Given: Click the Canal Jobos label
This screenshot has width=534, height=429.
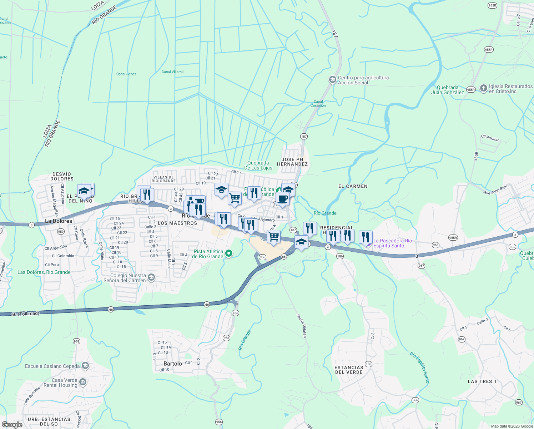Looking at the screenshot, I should pyautogui.click(x=126, y=74).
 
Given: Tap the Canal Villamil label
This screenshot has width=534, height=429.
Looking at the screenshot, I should pyautogui.click(x=172, y=72).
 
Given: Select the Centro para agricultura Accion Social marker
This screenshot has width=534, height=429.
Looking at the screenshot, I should pyautogui.click(x=332, y=80).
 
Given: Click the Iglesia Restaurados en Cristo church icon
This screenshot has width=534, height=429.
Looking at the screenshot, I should pyautogui.click(x=483, y=88).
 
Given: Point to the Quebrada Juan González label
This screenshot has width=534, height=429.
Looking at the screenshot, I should pyautogui.click(x=447, y=90).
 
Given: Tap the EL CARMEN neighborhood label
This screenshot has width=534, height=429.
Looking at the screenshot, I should pyautogui.click(x=353, y=186).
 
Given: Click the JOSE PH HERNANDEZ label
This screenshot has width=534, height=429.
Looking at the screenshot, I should pyautogui.click(x=292, y=162).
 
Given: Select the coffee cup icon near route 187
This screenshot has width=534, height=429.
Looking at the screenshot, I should pyautogui.click(x=282, y=199).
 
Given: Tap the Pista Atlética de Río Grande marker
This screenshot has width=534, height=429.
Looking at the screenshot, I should pyautogui.click(x=229, y=254).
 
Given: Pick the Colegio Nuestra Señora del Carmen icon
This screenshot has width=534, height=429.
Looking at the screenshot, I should pyautogui.click(x=151, y=278).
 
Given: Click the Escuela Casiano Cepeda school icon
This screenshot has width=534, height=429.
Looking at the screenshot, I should pyautogui.click(x=85, y=366).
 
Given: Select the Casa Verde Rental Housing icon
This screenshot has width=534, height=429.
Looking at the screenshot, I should pyautogui.click(x=83, y=383).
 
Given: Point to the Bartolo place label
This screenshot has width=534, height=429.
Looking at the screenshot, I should pyautogui.click(x=173, y=364).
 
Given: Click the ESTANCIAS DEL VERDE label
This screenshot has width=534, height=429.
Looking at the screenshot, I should pyautogui.click(x=349, y=370).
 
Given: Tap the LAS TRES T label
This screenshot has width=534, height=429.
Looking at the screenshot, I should pyautogui.click(x=482, y=381).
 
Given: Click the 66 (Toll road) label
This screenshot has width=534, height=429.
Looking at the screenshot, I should pyautogui.click(x=25, y=314).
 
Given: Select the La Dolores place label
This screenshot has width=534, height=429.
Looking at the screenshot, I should pyautogui.click(x=59, y=221).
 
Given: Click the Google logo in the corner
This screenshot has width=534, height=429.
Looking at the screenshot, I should pyautogui.click(x=12, y=424).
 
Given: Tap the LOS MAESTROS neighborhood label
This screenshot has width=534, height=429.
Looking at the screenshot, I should pyautogui.click(x=177, y=223).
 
